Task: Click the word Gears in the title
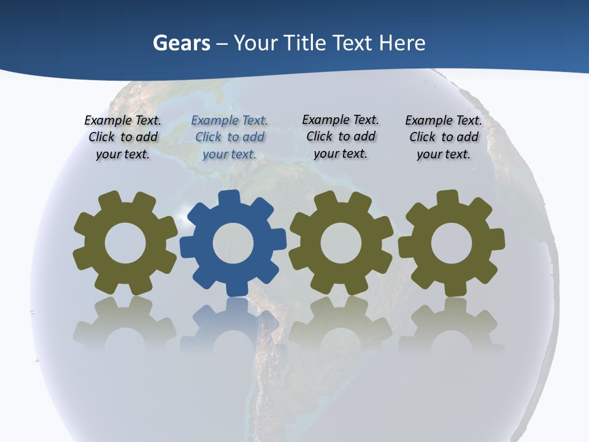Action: click(x=181, y=43)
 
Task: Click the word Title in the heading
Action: click(x=306, y=43)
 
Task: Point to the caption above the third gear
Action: click(x=341, y=136)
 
